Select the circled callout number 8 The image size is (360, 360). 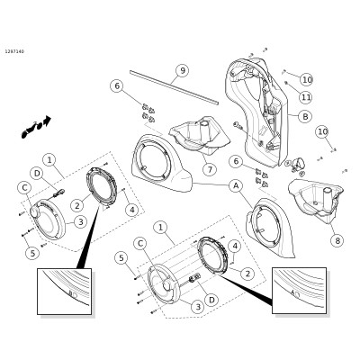coord(337,240)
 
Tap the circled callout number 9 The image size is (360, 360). coord(182,71)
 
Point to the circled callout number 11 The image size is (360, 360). coord(306,97)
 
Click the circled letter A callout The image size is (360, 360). coord(236,186)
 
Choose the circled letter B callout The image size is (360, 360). coord(305,116)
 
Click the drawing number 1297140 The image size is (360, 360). coord(14,51)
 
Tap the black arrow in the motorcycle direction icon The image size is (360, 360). coord(47,121)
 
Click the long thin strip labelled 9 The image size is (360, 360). coord(175,88)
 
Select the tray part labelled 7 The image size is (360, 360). coord(200,136)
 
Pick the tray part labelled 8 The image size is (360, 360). coord(315,201)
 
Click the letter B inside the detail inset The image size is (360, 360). coord(71,293)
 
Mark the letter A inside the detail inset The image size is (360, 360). coord(292,292)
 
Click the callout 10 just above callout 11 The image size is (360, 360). coord(307,80)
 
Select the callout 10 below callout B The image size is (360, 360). coord(323,131)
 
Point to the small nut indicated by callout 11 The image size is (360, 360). coord(286,82)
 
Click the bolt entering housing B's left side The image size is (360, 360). coord(238,124)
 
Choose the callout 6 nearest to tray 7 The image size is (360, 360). coord(117,85)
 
